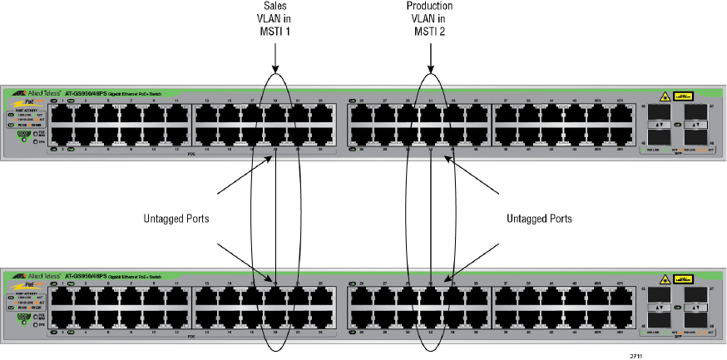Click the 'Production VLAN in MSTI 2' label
click(x=430, y=18)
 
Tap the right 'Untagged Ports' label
click(x=539, y=219)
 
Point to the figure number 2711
click(x=636, y=355)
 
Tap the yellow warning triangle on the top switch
click(x=665, y=96)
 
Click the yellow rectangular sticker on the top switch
click(x=684, y=96)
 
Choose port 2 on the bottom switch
click(x=62, y=317)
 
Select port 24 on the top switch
click(x=320, y=136)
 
